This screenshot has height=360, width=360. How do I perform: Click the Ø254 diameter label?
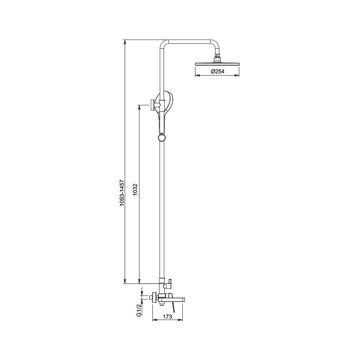pos(217,72)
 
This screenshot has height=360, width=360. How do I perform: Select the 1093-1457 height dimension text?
pos(122,193)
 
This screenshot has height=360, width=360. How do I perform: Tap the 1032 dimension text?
pos(135,189)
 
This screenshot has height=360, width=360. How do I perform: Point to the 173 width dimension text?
pos(167,317)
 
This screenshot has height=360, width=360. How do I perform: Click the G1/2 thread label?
pos(139,310)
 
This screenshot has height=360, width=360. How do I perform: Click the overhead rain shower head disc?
pos(217,63)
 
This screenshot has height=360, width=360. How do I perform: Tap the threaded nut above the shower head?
pos(217,55)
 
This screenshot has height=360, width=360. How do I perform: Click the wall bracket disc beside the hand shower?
pos(152,105)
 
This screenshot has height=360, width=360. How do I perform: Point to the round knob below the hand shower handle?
pos(162,138)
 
